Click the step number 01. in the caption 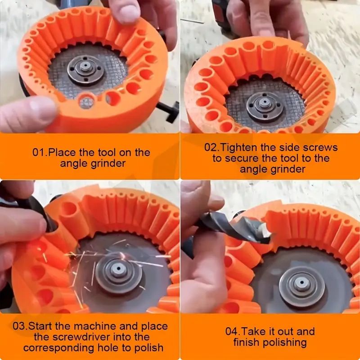[x=39, y=152]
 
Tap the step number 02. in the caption [x=211, y=148]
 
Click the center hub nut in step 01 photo [x=85, y=68]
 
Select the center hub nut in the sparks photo [x=118, y=273]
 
